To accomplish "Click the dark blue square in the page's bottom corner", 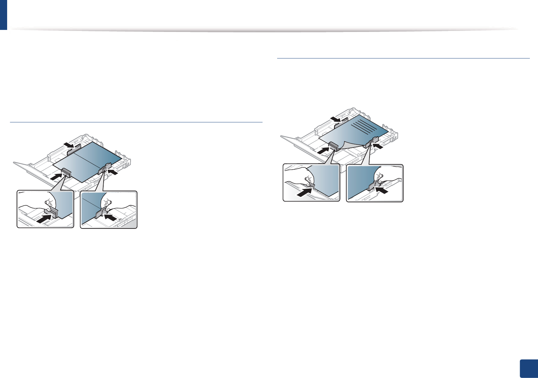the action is click(x=529, y=369).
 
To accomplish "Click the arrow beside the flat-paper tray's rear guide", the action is click(x=69, y=145).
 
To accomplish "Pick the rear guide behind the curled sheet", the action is click(x=342, y=122).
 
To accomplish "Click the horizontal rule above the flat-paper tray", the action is click(x=136, y=122).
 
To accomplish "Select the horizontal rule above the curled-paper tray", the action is click(x=403, y=58).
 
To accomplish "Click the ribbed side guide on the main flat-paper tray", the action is click(x=66, y=173).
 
